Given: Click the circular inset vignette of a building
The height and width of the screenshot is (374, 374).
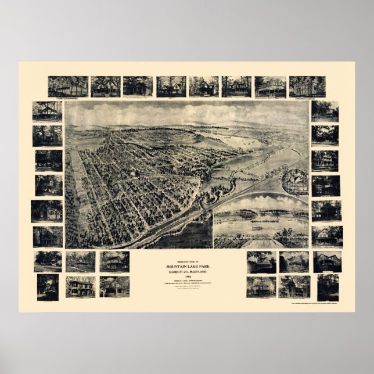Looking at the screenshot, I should [x=295, y=182].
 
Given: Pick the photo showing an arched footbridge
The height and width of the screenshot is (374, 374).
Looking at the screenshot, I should [x=48, y=286].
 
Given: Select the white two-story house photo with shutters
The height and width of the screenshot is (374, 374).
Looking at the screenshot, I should [x=80, y=286].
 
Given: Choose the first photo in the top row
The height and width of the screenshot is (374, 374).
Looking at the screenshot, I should [x=68, y=87].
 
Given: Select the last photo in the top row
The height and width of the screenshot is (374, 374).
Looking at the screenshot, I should [x=307, y=87].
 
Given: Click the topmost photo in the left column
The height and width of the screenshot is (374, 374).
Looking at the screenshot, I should [x=48, y=111].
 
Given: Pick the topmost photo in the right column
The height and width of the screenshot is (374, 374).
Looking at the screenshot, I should [x=325, y=111].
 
